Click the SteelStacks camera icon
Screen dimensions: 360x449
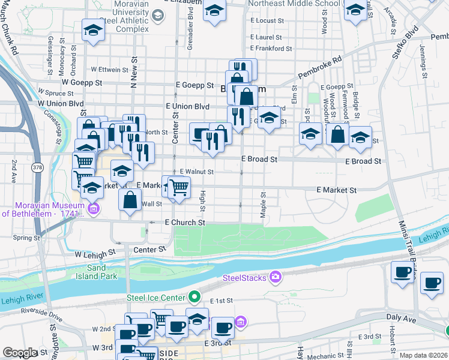(276, 277)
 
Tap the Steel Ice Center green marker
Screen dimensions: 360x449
(194, 296)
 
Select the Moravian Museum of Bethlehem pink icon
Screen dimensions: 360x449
(93, 209)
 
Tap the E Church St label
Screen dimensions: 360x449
(185, 223)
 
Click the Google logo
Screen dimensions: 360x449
(19, 353)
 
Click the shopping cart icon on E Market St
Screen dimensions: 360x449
(178, 187)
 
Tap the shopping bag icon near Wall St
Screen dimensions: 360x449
(130, 201)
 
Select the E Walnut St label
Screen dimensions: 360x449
(196, 172)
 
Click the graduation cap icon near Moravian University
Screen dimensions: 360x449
(93, 31)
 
